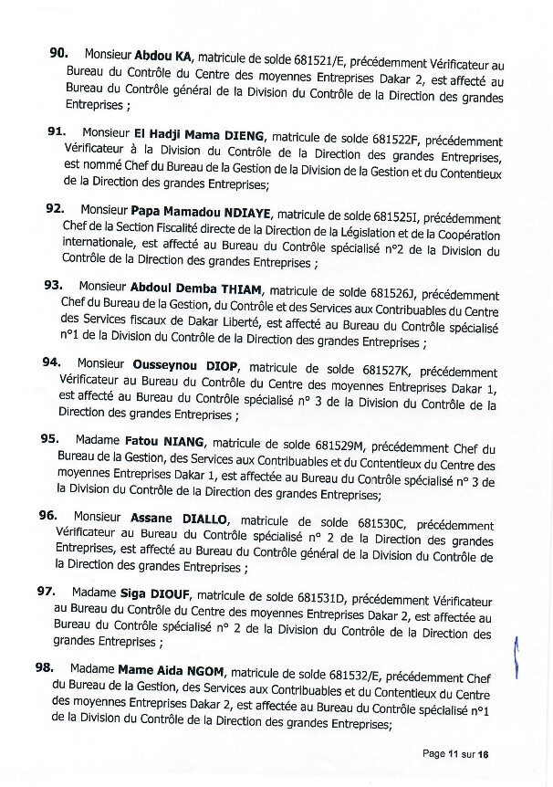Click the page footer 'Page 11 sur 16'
click(456, 753)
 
